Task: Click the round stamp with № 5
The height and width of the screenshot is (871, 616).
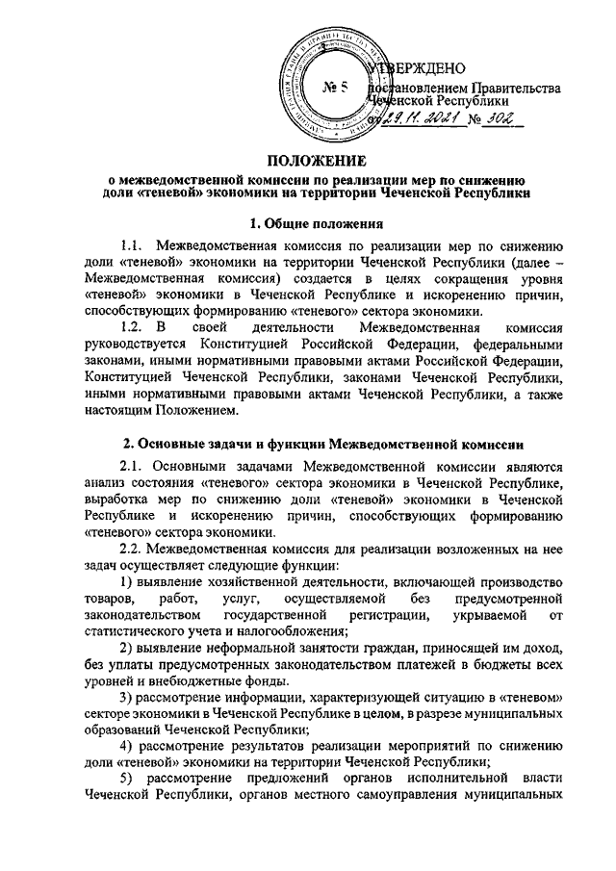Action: tap(331, 85)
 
